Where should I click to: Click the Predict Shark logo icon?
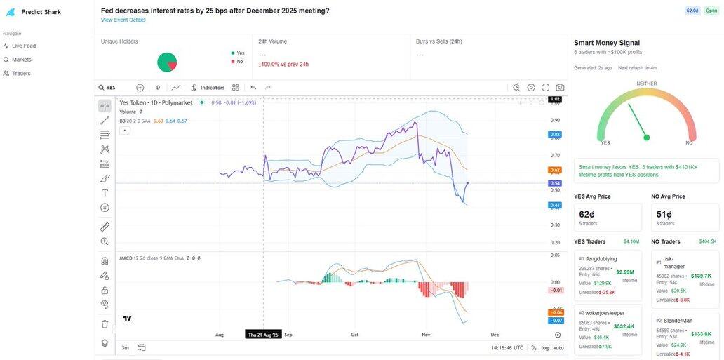coord(11,12)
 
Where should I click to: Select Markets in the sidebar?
coord(21,60)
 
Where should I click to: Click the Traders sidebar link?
coord(21,73)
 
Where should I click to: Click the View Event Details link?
coord(123,20)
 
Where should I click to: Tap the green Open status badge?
coord(711,11)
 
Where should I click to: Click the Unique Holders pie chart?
coord(167,62)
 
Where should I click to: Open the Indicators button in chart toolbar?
coord(208,88)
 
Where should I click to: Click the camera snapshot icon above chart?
coord(560,88)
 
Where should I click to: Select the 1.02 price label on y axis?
coord(555,100)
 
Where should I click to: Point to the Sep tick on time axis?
coord(288,335)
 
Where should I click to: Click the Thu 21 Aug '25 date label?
coord(263,335)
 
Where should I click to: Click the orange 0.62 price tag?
coord(555,170)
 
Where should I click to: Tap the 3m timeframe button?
coord(125,347)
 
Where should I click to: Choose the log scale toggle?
coord(545,347)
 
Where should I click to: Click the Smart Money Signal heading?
coord(607,43)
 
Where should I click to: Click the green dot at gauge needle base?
coord(646,138)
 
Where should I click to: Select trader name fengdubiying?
coord(601,259)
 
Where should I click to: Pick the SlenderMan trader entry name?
coord(678,321)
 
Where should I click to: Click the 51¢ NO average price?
coord(664,214)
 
